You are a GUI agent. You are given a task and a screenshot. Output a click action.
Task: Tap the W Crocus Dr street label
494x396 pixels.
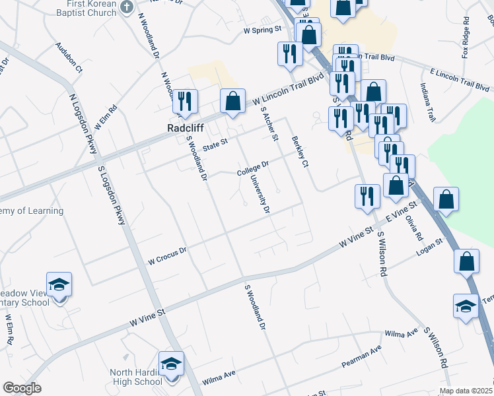tap(168, 256)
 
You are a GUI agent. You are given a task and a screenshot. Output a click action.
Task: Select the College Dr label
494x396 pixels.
tap(254, 168)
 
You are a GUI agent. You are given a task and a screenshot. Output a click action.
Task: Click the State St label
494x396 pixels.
tap(215, 145)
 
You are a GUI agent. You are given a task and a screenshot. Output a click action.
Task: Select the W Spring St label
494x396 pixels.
tap(262, 30)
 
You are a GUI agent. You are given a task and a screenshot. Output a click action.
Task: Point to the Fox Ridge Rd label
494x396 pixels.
tap(466, 43)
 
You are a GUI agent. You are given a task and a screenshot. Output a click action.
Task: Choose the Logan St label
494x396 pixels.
tap(429, 246)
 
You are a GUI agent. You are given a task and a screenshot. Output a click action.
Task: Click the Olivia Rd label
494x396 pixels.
tap(414, 226)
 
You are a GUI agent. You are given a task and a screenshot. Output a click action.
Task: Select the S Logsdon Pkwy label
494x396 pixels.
tap(112, 195)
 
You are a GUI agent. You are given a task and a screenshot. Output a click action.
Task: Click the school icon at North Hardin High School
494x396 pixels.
tap(171, 364)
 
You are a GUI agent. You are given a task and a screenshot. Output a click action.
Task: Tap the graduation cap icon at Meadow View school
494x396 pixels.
tap(59, 284)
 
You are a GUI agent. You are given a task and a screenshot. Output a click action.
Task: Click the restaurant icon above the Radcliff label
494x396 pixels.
tap(185, 101)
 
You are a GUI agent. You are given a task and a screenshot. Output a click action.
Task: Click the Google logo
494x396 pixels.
tap(22, 388)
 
